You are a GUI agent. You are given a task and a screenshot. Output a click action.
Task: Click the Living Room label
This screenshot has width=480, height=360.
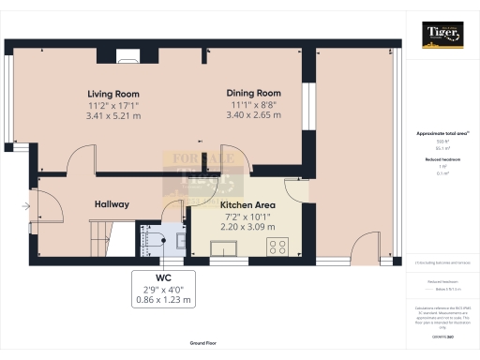pyautogui.click(x=113, y=94)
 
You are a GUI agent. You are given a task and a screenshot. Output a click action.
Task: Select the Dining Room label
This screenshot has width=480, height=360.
pyautogui.click(x=254, y=93)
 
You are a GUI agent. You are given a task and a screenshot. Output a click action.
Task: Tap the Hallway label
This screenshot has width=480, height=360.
pyautogui.click(x=112, y=204)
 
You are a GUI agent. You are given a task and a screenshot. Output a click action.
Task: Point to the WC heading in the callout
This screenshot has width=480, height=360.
pyautogui.click(x=163, y=279)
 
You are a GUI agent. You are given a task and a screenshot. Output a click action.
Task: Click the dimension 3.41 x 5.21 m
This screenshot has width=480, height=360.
pyautogui.click(x=113, y=117)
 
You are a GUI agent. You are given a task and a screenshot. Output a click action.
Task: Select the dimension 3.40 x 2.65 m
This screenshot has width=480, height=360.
pyautogui.click(x=254, y=116)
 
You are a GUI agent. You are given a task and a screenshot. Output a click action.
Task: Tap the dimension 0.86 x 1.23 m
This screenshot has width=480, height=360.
pyautogui.click(x=163, y=301)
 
